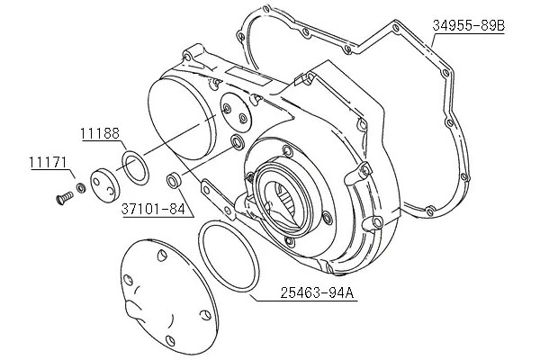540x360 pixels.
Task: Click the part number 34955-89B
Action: click(469, 25)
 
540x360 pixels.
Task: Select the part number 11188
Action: click(100, 133)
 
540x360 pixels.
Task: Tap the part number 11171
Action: click(48, 163)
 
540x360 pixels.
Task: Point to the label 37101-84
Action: click(153, 209)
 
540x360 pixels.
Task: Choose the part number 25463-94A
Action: click(317, 292)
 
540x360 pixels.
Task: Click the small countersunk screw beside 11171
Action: click(64, 198)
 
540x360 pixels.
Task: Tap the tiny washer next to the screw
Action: click(81, 188)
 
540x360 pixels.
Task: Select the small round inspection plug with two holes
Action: click(104, 185)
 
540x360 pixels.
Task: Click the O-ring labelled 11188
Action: click(136, 167)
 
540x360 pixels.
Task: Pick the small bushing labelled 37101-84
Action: click(173, 180)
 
